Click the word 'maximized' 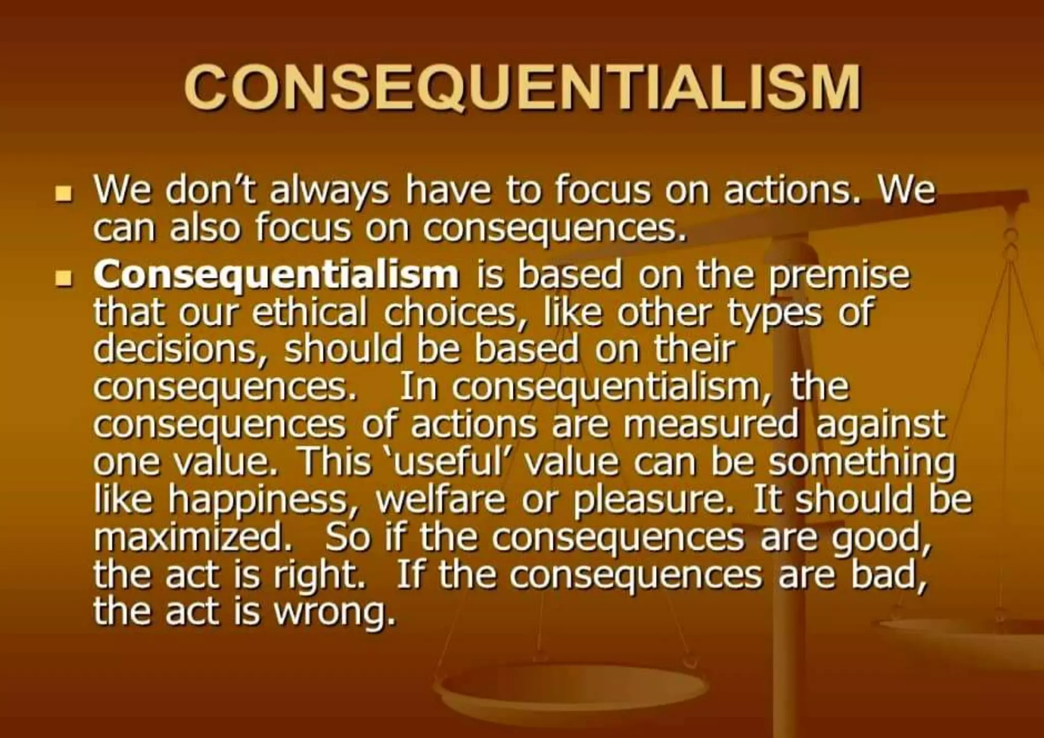click(194, 537)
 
